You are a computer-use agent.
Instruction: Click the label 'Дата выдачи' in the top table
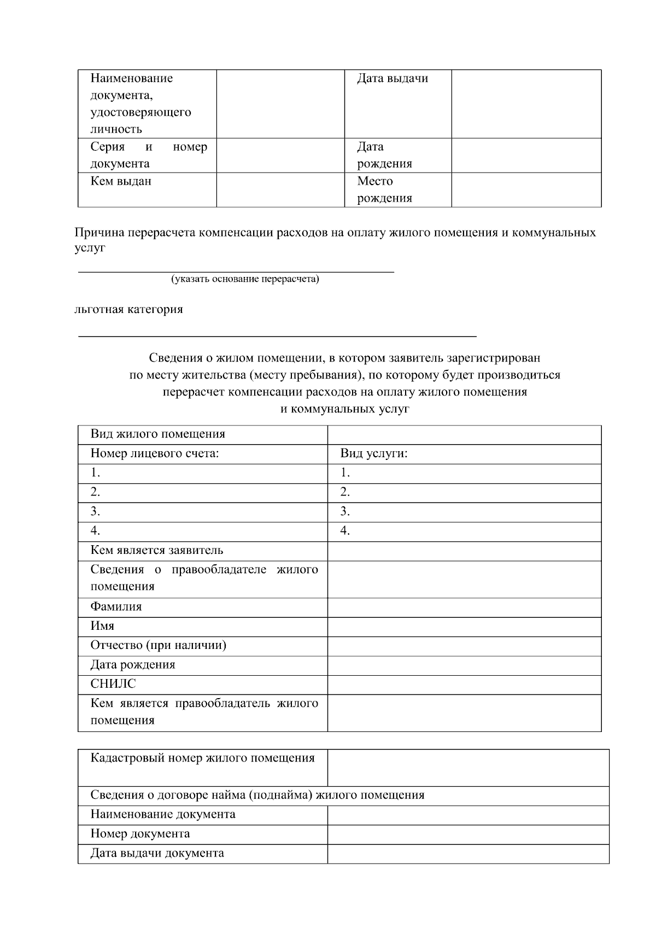pos(392,79)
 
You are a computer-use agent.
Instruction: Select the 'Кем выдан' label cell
pos(121,181)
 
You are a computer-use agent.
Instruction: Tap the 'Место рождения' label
pos(384,190)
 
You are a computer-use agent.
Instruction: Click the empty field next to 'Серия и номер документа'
pos(280,156)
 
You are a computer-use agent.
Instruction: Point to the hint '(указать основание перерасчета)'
pos(245,279)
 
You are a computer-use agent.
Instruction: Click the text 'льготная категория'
pos(129,310)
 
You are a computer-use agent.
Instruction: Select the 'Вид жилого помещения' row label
pos(157,434)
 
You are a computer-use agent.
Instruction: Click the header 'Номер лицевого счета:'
pos(154,453)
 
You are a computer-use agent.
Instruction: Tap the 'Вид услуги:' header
pos(374,453)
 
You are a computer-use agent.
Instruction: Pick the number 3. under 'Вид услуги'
pos(345,512)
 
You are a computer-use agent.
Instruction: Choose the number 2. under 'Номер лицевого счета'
pos(95,492)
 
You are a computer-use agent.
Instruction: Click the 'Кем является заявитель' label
pos(157,551)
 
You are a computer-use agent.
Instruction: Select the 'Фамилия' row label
pos(116,607)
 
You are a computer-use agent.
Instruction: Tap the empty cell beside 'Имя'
pos(464,627)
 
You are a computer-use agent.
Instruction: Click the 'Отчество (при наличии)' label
pos(158,646)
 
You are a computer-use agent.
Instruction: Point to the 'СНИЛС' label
pos(113,684)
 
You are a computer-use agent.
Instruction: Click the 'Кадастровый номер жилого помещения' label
pos(202,758)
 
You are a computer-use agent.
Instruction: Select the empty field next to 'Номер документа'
pos(467,834)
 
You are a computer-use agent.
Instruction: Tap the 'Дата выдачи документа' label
pos(157,853)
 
